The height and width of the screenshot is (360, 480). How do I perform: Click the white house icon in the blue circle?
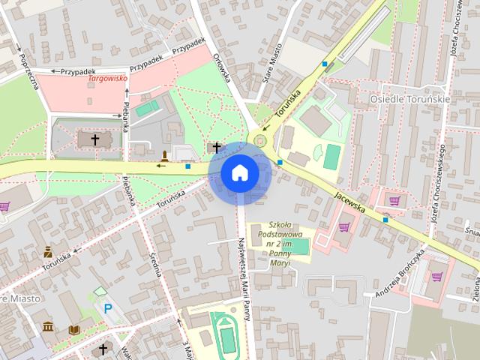pyautogui.click(x=239, y=172)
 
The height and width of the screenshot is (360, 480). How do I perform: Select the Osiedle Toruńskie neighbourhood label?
pyautogui.click(x=409, y=98)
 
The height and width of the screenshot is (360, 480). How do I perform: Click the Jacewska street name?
pyautogui.click(x=349, y=201)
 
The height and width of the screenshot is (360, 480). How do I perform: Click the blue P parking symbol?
pyautogui.click(x=108, y=307)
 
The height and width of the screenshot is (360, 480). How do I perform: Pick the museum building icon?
pyautogui.click(x=48, y=327)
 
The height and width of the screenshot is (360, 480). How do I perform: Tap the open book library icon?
pyautogui.click(x=73, y=329)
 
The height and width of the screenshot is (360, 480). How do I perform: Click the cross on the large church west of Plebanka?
pyautogui.click(x=95, y=139)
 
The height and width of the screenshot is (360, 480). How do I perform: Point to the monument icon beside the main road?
pyautogui.click(x=164, y=156)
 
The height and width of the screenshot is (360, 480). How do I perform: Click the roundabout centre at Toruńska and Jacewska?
pyautogui.click(x=261, y=139)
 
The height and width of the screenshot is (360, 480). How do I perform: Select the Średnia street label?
pyautogui.click(x=157, y=262)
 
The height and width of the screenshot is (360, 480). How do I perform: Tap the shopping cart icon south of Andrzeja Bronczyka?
pyautogui.click(x=436, y=276)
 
